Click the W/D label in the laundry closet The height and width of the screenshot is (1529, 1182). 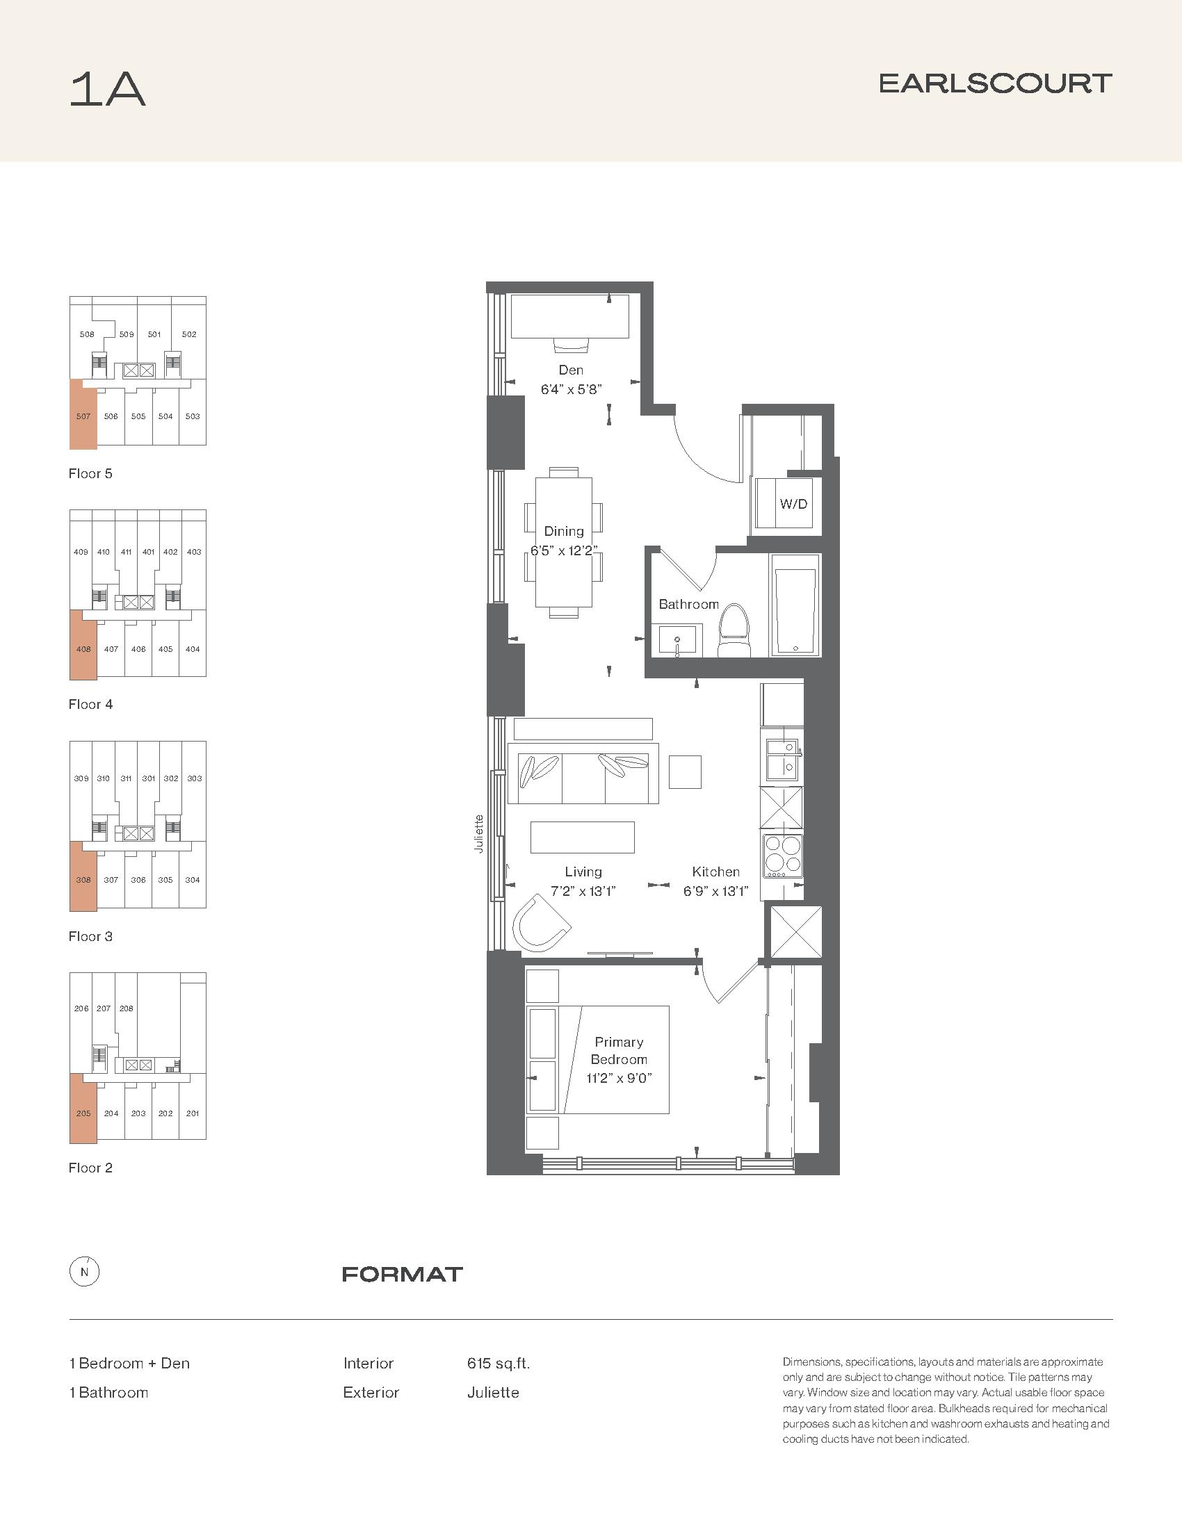[793, 503]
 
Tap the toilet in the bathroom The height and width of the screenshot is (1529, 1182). [734, 630]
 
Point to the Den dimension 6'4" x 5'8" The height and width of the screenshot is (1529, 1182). [572, 389]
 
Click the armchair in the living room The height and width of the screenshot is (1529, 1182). [540, 922]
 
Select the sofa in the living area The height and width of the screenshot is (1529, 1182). [583, 778]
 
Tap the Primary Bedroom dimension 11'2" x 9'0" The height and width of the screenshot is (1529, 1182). [619, 1078]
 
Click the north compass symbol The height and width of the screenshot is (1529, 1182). [84, 1273]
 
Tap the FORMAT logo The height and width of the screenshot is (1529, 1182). [402, 1274]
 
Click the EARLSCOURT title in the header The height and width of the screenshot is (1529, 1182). [995, 84]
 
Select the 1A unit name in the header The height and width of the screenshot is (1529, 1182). [108, 90]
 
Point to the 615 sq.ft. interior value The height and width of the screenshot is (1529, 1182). [499, 1363]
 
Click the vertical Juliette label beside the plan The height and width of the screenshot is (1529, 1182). [480, 833]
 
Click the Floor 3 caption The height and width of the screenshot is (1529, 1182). [90, 936]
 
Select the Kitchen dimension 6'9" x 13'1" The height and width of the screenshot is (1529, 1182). [716, 891]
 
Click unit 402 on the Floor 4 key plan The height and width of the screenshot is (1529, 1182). [170, 552]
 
